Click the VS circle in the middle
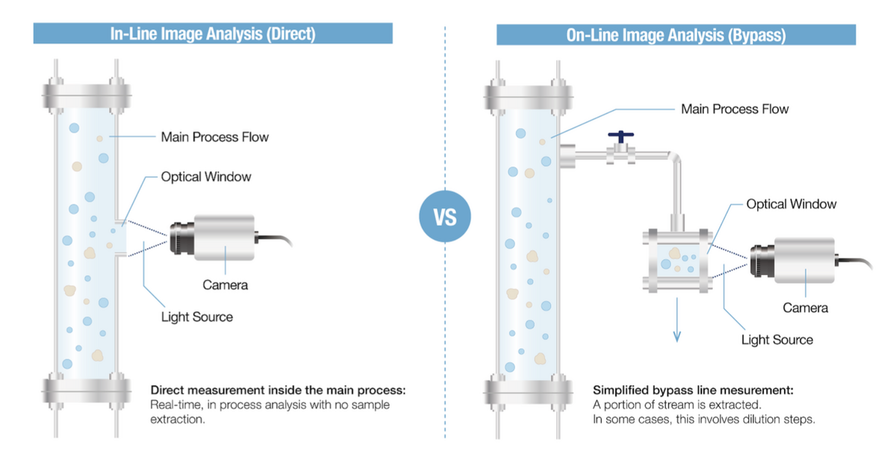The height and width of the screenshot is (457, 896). (x=445, y=217)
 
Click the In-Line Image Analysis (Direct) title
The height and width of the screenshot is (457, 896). (x=213, y=34)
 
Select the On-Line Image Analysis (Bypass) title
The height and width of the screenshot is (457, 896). (x=676, y=35)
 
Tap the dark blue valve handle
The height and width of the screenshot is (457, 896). (x=620, y=136)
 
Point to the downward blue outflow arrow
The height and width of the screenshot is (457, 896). (x=676, y=320)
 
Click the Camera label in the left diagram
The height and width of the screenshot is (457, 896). (x=225, y=285)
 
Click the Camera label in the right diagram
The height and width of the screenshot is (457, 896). (x=805, y=308)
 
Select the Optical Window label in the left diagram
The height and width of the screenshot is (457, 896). (x=206, y=177)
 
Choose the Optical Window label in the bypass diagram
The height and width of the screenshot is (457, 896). (x=791, y=204)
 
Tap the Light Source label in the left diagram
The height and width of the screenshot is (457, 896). (x=197, y=317)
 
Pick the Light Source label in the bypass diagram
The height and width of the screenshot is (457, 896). (x=777, y=340)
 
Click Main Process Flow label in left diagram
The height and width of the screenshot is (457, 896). (x=215, y=137)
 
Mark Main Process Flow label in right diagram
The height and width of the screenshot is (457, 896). (x=735, y=109)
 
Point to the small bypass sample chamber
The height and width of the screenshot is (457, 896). (x=677, y=261)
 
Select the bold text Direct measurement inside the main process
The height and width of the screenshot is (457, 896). (x=278, y=390)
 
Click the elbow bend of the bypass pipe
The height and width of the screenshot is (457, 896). (x=673, y=158)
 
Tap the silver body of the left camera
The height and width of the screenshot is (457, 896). (x=225, y=237)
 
